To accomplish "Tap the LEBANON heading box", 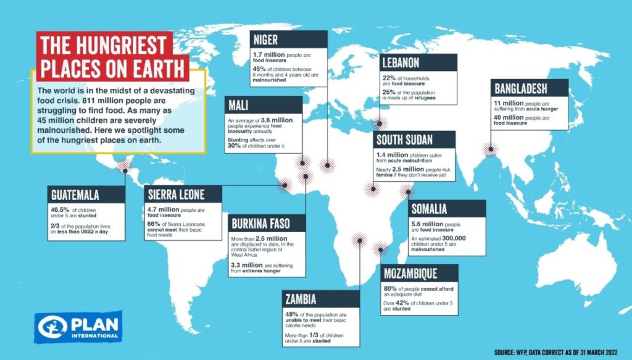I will click(402, 63).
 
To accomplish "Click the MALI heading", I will click(239, 104).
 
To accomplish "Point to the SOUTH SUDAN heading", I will click(404, 139).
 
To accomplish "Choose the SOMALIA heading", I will click(429, 209).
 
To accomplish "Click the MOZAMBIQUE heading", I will click(410, 273).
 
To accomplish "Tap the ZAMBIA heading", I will click(301, 299).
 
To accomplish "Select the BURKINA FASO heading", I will click(259, 223).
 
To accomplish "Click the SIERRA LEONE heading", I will click(176, 194).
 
